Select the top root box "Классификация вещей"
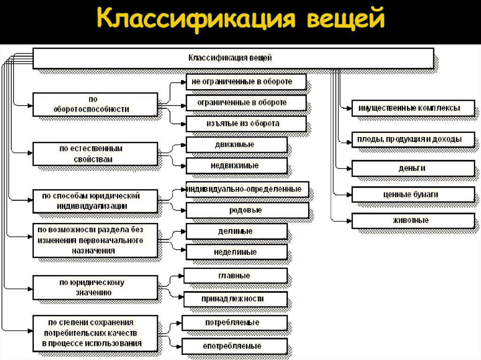click(x=233, y=58)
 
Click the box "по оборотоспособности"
click(x=95, y=104)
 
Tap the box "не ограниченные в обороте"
click(x=246, y=82)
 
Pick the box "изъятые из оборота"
click(x=246, y=123)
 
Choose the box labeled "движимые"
click(x=236, y=145)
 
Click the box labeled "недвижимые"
click(x=236, y=166)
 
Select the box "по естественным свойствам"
click(x=95, y=154)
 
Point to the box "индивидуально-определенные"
click(x=248, y=189)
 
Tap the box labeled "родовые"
click(x=248, y=210)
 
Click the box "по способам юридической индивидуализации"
click(x=95, y=201)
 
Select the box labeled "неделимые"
click(x=236, y=252)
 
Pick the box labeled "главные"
click(x=235, y=276)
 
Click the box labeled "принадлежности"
click(x=235, y=299)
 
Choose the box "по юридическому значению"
click(x=95, y=287)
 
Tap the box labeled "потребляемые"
click(x=234, y=323)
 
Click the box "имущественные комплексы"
click(x=412, y=108)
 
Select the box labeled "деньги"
click(x=412, y=168)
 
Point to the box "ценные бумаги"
click(x=412, y=194)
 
